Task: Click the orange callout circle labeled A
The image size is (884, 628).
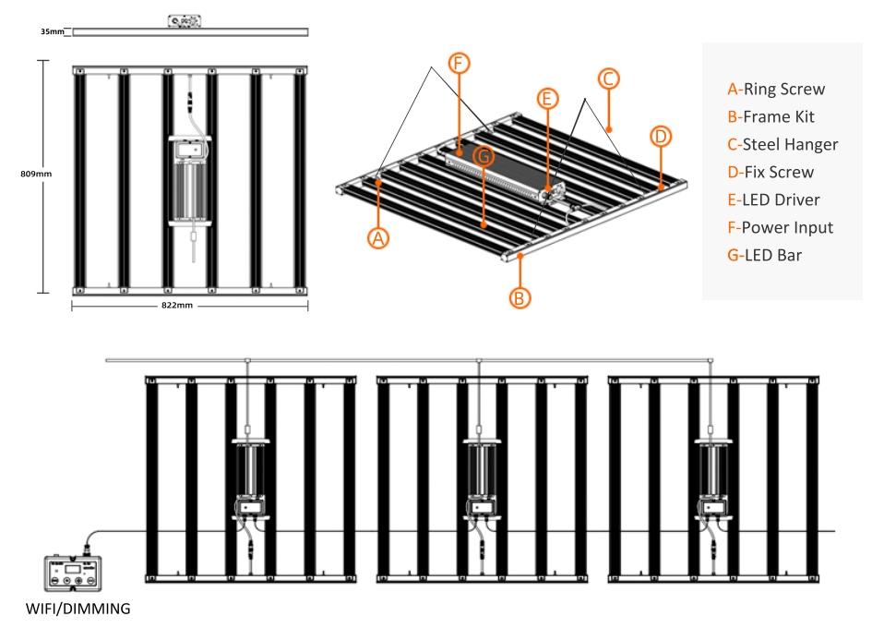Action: click(x=378, y=238)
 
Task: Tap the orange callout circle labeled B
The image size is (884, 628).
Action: click(x=520, y=298)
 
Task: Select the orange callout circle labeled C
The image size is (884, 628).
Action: click(x=608, y=78)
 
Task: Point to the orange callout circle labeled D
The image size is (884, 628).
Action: click(x=661, y=136)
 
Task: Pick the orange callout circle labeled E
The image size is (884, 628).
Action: click(x=547, y=99)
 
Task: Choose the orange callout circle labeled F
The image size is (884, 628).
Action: click(x=459, y=63)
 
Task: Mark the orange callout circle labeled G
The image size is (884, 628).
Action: click(x=484, y=156)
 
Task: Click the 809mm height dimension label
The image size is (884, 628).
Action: click(x=36, y=174)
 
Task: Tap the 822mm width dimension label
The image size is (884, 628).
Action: click(x=177, y=306)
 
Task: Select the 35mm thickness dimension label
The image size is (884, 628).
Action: click(x=53, y=31)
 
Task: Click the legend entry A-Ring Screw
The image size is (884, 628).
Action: click(x=776, y=90)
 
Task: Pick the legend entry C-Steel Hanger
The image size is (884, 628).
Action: click(x=782, y=144)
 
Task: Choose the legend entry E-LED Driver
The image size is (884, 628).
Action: click(x=773, y=199)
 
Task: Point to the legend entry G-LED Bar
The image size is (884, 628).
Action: click(x=764, y=255)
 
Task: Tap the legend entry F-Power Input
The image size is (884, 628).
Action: click(x=781, y=227)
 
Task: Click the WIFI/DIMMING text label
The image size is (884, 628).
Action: click(x=78, y=609)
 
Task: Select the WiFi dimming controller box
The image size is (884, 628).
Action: click(x=73, y=574)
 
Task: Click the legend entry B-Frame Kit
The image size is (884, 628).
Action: click(x=771, y=116)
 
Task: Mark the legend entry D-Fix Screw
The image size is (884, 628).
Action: click(x=771, y=172)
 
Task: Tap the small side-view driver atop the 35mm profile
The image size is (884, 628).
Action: click(x=185, y=21)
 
